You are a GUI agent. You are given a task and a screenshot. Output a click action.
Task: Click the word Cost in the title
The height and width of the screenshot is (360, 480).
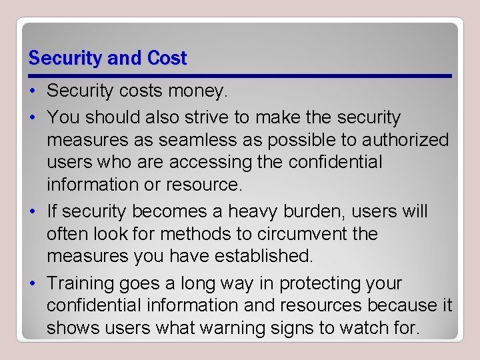167,59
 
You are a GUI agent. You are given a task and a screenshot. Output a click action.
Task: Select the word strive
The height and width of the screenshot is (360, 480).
199,118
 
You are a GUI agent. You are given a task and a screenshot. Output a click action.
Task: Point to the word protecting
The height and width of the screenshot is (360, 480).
317,283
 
